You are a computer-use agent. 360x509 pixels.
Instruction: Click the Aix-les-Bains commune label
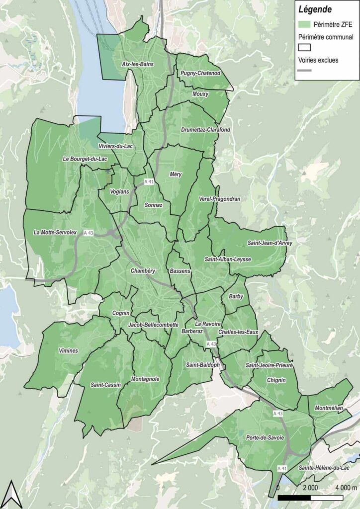click(138, 65)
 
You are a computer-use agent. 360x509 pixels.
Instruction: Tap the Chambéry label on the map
click(143, 271)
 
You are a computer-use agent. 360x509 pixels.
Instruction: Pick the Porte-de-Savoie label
click(265, 438)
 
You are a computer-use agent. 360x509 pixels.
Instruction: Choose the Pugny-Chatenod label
click(200, 74)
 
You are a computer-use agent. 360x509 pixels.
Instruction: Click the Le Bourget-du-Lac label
click(85, 159)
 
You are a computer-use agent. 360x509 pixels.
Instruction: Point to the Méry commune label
click(176, 174)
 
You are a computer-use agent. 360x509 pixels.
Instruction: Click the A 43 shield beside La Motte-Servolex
click(89, 233)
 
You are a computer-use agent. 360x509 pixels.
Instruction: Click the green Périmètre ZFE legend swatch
click(304, 24)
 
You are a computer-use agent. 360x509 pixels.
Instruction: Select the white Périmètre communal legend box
click(304, 47)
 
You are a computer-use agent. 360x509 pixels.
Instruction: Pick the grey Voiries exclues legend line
click(304, 71)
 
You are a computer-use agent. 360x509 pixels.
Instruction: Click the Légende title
click(315, 8)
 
